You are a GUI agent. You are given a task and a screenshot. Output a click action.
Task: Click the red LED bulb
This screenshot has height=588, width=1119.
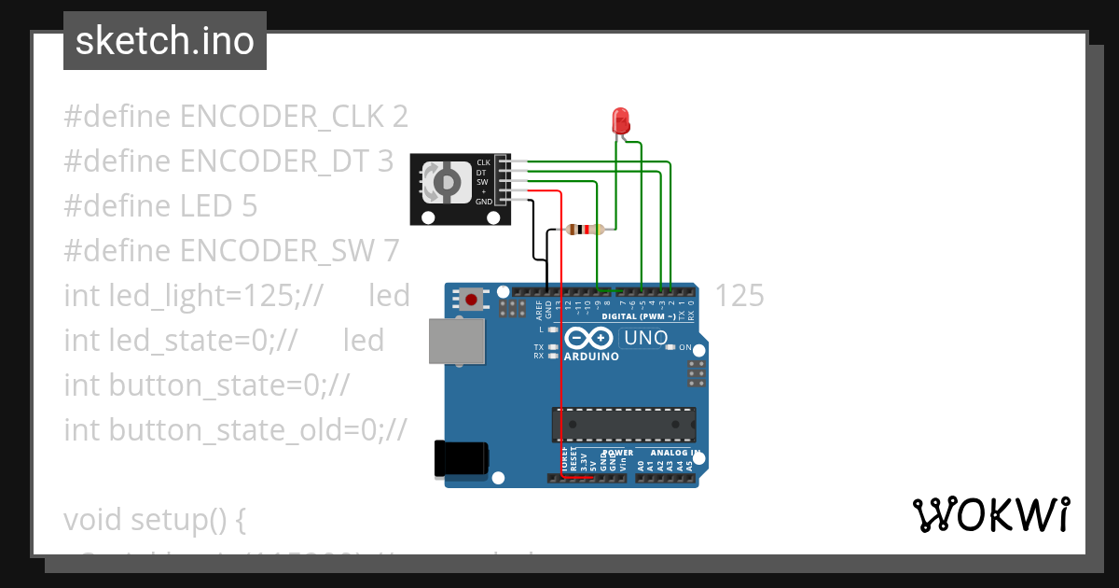(x=619, y=120)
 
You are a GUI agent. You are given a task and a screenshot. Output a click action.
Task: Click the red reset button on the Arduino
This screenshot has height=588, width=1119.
(x=472, y=301)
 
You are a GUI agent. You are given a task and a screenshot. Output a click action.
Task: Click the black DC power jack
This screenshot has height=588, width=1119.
(x=461, y=459)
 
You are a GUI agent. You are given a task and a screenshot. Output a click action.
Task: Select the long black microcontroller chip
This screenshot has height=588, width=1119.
(x=623, y=424)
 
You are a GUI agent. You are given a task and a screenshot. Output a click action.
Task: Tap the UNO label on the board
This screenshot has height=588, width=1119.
(x=645, y=338)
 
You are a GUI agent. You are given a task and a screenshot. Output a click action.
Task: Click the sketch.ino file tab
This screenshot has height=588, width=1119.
(x=165, y=41)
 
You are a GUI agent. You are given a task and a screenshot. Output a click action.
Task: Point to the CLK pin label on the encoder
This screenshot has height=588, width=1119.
(x=483, y=162)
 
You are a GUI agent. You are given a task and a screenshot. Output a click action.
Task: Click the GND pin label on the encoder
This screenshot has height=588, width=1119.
(x=483, y=202)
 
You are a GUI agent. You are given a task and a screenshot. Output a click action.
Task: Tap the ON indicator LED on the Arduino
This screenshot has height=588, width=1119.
(x=670, y=347)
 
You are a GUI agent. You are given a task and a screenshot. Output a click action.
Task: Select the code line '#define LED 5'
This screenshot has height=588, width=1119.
(x=160, y=205)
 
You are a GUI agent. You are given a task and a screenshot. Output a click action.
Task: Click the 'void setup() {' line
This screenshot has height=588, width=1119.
(x=154, y=519)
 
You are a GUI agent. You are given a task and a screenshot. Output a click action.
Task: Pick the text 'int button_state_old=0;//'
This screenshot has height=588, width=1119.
(x=235, y=429)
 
